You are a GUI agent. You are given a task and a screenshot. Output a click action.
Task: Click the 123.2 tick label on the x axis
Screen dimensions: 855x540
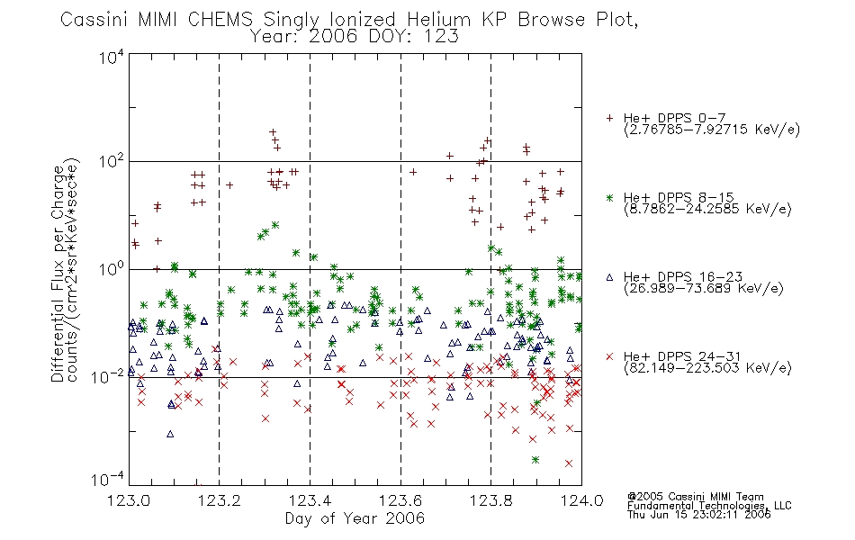pyautogui.click(x=220, y=500)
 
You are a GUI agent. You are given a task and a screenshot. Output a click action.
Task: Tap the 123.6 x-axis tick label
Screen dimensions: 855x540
pyautogui.click(x=400, y=500)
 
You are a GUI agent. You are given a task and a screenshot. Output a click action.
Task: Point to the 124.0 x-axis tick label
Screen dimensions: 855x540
pyautogui.click(x=581, y=500)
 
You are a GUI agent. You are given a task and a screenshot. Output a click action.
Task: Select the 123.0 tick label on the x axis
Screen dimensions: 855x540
pyautogui.click(x=129, y=500)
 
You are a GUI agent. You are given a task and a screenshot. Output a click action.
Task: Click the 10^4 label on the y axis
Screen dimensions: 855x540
pyautogui.click(x=112, y=57)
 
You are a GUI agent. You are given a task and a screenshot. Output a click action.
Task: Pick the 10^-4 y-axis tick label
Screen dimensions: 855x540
pyautogui.click(x=109, y=479)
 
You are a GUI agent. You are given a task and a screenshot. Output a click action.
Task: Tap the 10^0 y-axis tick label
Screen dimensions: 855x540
pyautogui.click(x=112, y=269)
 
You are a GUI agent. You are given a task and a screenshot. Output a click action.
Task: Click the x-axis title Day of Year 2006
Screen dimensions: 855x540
pyautogui.click(x=355, y=518)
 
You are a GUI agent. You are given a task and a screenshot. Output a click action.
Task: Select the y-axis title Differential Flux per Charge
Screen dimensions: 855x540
pyautogui.click(x=58, y=274)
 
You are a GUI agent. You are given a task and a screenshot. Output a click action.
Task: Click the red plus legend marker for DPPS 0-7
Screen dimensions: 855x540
pyautogui.click(x=609, y=118)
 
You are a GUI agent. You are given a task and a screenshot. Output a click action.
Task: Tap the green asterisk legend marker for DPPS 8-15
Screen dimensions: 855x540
pyautogui.click(x=609, y=198)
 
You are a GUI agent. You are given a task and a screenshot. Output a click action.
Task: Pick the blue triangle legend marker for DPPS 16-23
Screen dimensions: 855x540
pyautogui.click(x=609, y=277)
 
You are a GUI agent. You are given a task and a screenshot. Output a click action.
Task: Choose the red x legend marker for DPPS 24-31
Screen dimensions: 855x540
pyautogui.click(x=609, y=356)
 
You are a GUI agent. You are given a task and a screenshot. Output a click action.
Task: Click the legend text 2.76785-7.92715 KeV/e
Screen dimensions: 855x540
pyautogui.click(x=712, y=130)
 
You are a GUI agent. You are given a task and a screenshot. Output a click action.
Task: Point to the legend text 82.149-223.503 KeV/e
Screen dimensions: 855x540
pyautogui.click(x=707, y=368)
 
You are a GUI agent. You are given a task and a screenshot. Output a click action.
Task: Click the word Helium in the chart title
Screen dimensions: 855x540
pyautogui.click(x=439, y=20)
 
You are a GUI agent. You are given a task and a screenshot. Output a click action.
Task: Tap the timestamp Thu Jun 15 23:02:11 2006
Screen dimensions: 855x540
pyautogui.click(x=699, y=515)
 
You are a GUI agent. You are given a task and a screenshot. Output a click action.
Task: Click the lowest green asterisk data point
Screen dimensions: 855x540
pyautogui.click(x=535, y=460)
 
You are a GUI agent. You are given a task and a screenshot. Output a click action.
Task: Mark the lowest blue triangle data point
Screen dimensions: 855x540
pyautogui.click(x=170, y=434)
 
